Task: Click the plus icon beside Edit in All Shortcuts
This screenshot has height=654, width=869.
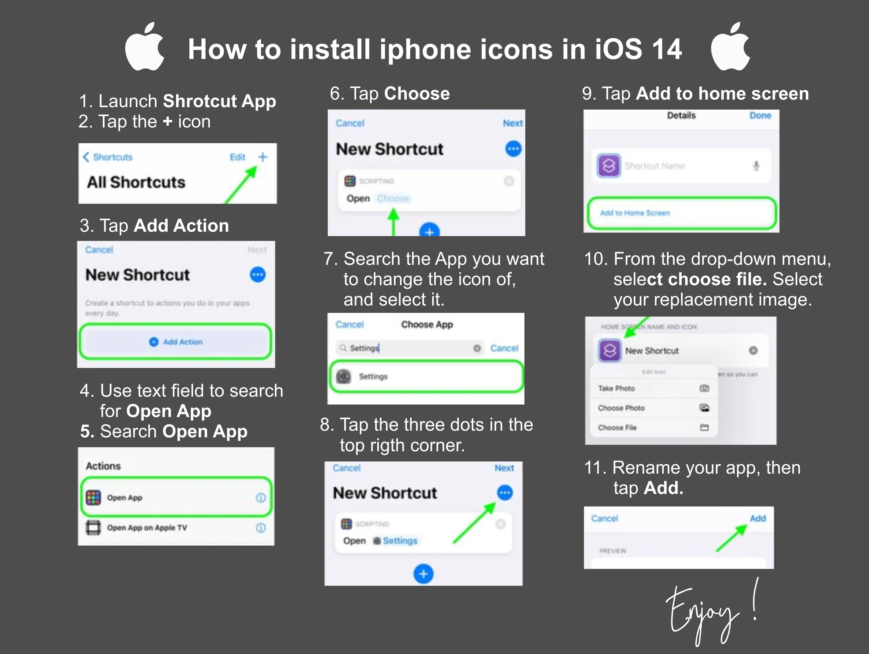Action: (x=262, y=157)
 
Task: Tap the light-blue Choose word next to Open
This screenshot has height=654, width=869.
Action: (x=393, y=198)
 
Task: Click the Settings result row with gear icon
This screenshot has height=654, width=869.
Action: (x=426, y=376)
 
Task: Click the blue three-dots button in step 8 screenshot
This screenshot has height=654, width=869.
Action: (x=505, y=492)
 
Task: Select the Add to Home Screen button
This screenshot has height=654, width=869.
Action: (x=682, y=213)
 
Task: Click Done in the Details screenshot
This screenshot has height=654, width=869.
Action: (x=760, y=116)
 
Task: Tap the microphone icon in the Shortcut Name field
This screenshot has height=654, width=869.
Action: (x=756, y=166)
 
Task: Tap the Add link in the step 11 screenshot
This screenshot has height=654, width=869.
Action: (x=757, y=518)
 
